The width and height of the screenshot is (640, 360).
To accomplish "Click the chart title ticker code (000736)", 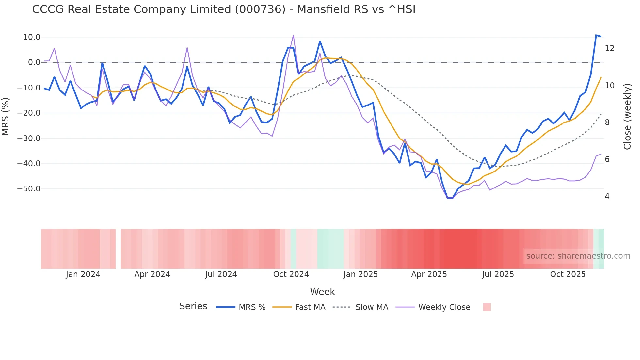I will pos(260,9).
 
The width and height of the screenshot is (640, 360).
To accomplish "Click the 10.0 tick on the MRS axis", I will pos(32,37).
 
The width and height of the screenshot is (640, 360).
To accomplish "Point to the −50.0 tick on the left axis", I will pos(29,189).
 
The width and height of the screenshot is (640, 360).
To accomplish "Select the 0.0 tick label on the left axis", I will pos(34,62).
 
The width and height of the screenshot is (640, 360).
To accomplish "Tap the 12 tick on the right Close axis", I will pos(609,48).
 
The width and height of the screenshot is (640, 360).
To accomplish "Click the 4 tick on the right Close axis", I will pos(607,196).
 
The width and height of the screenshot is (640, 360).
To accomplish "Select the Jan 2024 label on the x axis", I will pos(83,274).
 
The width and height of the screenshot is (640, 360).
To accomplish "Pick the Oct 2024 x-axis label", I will pos(291,274).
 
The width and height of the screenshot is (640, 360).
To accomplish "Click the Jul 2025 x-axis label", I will pos(498,274).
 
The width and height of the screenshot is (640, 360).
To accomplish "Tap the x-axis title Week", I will pos(322,292).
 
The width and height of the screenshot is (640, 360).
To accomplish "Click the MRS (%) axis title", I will pos(6,116).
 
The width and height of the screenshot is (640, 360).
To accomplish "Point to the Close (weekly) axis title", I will pos(627,116).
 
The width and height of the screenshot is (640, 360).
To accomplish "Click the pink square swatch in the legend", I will pos(487,307).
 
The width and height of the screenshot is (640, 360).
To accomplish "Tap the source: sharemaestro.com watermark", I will pos(578,256).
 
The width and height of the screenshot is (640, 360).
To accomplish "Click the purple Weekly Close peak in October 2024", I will pos(293,35).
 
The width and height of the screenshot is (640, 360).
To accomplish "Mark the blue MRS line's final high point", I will pos(596,35).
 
